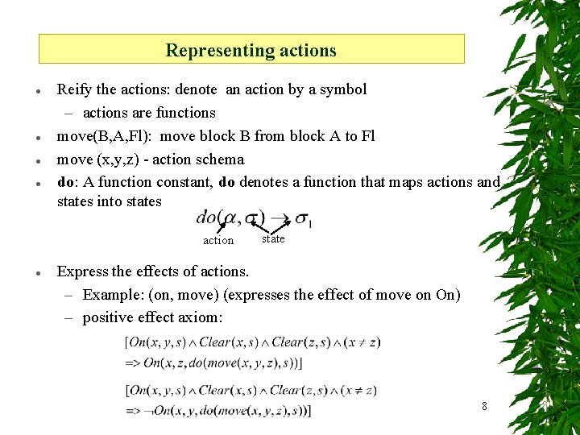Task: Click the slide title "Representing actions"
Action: (x=251, y=50)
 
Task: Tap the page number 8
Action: (x=484, y=406)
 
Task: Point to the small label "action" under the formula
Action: (x=218, y=240)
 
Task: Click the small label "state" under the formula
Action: (x=273, y=238)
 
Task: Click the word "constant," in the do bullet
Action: (x=184, y=182)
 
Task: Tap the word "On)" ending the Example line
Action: (x=448, y=295)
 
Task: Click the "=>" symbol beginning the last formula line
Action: (x=133, y=411)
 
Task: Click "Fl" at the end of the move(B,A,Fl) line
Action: (x=367, y=136)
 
